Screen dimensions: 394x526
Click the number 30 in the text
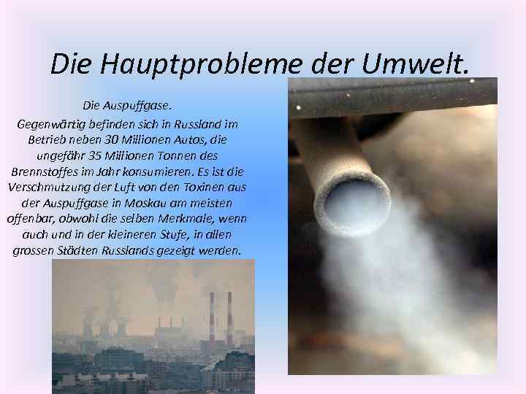[x=110, y=139]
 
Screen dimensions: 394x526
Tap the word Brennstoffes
[x=45, y=171]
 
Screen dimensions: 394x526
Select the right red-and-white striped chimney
[x=229, y=317]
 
